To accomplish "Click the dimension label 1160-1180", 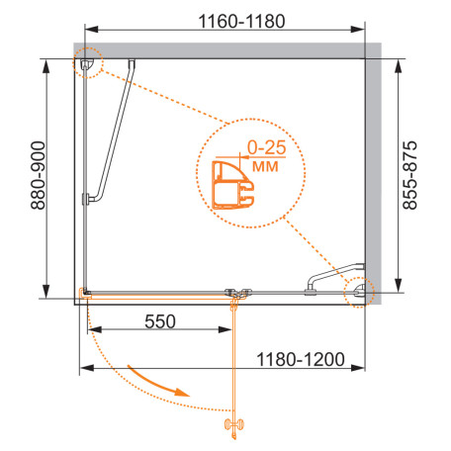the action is pos(241,21).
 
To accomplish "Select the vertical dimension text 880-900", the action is pos(38,175).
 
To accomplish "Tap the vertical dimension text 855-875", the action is pos(409,175).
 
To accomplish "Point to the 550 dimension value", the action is pos(160,321).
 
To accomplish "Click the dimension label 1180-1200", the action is pos(301,359).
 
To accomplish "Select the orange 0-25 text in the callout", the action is pos(267,147).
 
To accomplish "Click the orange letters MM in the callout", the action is pos(265,166).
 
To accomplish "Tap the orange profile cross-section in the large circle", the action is pos(232,185).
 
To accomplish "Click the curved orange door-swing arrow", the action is pos(158,382).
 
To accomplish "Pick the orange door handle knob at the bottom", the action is pos(234,424).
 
